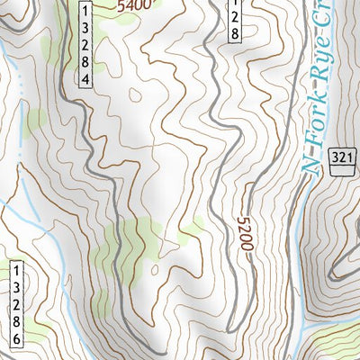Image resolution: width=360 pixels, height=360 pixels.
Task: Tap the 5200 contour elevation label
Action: tap(245, 236)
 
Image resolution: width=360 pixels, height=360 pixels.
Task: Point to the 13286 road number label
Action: tap(16, 304)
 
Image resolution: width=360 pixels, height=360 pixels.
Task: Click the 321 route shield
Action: tap(338, 156)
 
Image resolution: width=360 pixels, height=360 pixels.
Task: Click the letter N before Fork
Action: tap(310, 160)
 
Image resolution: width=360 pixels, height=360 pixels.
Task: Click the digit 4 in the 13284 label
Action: tap(85, 80)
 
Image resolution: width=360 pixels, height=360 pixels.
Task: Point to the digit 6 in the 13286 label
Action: tap(16, 338)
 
